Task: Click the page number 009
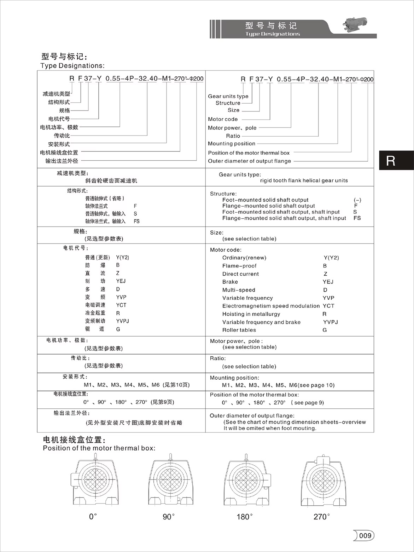coord(365,535)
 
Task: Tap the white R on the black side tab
coord(391,161)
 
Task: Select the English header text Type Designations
coord(272,34)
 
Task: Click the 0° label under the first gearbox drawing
coord(93,517)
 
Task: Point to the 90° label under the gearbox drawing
coord(169,517)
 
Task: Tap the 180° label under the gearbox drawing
coord(245,517)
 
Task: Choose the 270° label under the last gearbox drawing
coord(321,517)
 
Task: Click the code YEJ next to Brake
coord(328,282)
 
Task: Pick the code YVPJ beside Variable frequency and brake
coord(330,322)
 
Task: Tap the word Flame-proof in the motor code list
coord(239,266)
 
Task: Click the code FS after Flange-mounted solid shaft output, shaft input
coord(357,218)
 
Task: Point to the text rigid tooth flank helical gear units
coord(304,180)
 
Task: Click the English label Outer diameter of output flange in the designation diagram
coord(249,161)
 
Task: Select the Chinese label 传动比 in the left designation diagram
coord(62,136)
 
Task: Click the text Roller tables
coord(239,330)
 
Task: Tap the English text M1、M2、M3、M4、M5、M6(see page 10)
coord(278,385)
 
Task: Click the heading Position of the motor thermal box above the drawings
coord(99,448)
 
